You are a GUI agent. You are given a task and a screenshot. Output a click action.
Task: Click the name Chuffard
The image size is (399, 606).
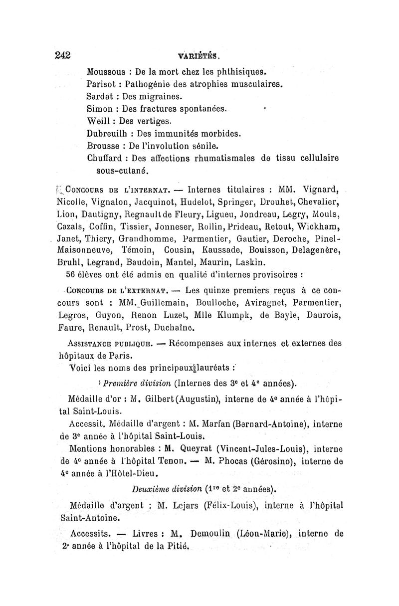(x=106, y=158)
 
